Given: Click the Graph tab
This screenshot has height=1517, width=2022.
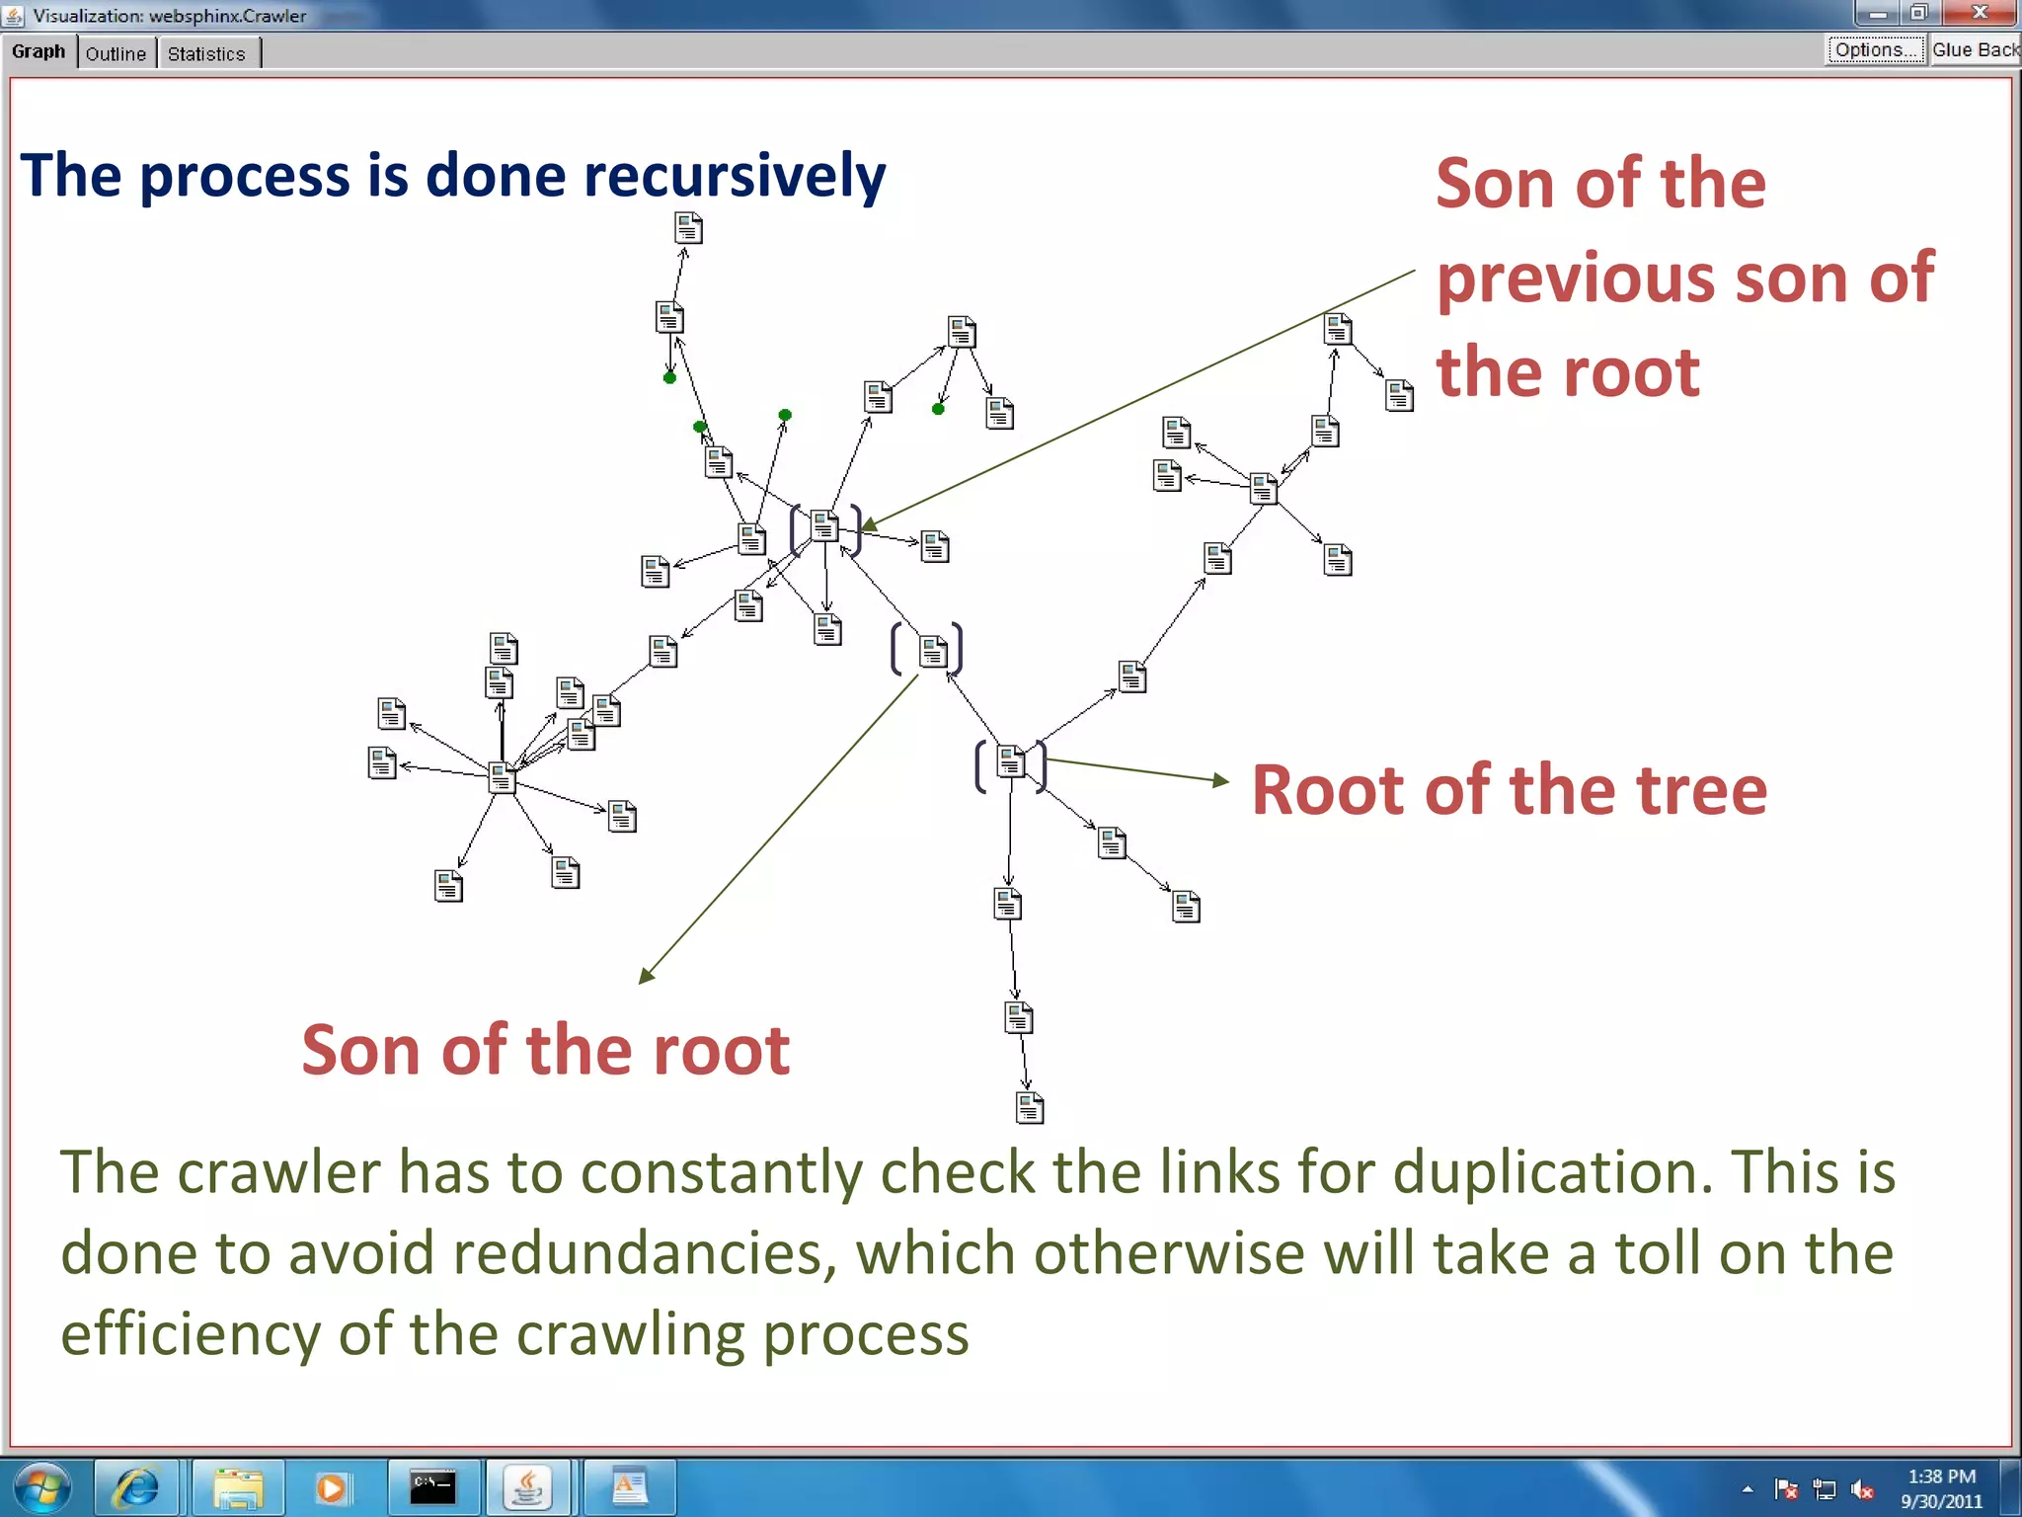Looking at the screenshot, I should [39, 51].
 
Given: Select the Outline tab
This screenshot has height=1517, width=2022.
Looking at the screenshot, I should [116, 53].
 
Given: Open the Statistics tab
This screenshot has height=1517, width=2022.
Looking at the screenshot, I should [206, 53].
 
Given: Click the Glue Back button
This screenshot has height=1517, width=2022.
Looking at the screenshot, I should [1975, 50].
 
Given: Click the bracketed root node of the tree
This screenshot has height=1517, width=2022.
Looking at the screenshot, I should [1010, 762].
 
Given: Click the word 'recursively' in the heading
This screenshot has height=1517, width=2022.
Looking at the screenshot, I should [735, 177].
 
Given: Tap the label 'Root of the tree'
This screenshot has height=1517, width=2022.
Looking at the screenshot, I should [1510, 790].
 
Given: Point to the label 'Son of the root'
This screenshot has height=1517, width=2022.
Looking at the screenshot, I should [545, 1049].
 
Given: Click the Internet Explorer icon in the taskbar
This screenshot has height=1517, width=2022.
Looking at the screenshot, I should [136, 1487].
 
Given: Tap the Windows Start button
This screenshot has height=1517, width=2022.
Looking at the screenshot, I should [41, 1487].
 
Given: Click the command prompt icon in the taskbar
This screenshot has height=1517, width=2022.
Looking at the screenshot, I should [432, 1487].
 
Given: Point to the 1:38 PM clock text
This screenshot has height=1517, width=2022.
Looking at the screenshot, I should [1941, 1477].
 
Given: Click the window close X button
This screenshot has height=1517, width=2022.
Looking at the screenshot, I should [1980, 13].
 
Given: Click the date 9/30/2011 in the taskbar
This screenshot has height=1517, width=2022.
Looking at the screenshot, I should [1941, 1501].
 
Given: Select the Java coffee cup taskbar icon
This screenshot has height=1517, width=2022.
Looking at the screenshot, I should [527, 1487].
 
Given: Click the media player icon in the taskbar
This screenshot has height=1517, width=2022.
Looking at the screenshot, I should [332, 1487].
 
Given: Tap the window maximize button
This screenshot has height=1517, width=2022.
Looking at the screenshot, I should [1918, 13].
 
